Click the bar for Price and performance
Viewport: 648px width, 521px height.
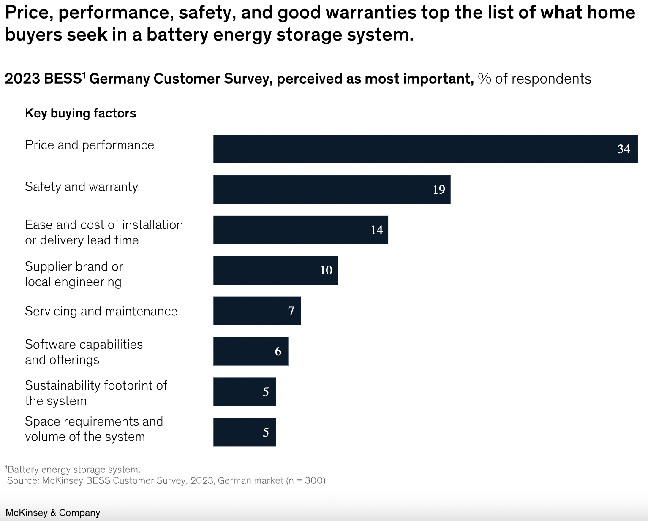point(425,149)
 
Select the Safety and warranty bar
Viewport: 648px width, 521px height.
point(332,189)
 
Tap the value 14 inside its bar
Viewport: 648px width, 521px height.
point(377,230)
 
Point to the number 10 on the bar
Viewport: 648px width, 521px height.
point(326,270)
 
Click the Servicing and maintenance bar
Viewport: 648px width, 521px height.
point(257,311)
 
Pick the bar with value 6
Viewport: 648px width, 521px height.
point(250,351)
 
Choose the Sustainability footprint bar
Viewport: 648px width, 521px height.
point(244,392)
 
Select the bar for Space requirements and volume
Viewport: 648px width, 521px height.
point(244,432)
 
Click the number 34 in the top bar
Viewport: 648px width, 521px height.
point(623,149)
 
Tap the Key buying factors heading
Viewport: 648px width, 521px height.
point(80,113)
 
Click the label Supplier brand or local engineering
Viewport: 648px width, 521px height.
point(74,274)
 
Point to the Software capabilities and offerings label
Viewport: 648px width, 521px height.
point(84,352)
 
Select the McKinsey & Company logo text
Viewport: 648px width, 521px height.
point(53,513)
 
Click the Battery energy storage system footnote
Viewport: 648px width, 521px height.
point(74,469)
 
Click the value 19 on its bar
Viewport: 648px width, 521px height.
point(439,190)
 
